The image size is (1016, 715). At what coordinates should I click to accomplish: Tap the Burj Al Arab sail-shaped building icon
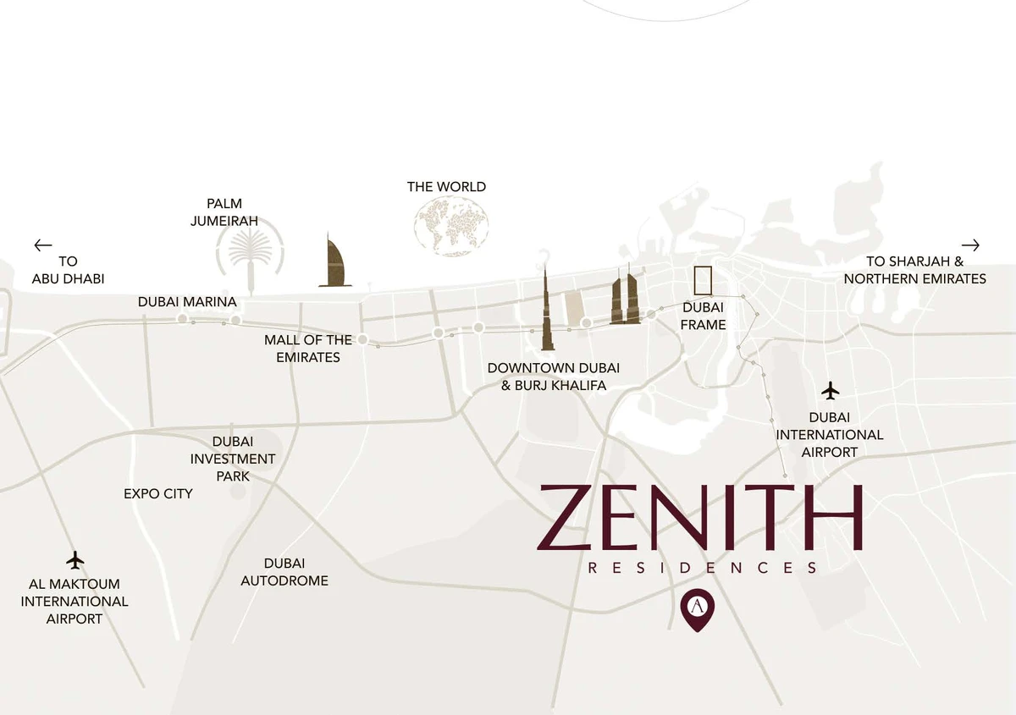tap(335, 261)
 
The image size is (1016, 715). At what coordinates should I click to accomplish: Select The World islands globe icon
tap(451, 225)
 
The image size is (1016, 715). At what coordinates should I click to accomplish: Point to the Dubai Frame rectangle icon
tap(703, 280)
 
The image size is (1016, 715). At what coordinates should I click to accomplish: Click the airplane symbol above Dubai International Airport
tap(831, 391)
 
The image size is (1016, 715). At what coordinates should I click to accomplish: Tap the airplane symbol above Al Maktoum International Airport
tap(75, 560)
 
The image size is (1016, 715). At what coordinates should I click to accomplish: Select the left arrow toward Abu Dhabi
tap(43, 245)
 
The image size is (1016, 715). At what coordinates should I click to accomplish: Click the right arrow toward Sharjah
tap(970, 245)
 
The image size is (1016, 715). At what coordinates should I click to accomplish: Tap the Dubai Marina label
tap(187, 302)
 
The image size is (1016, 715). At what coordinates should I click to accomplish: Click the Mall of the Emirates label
tap(308, 349)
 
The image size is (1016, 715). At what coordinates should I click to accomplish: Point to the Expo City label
tap(158, 493)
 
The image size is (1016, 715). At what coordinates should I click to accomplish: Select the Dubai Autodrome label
tap(284, 572)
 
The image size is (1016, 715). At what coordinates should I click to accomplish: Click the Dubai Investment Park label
tap(233, 459)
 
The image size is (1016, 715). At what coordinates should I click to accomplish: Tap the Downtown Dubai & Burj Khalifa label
tap(554, 377)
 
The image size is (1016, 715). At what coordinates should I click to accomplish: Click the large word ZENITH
tap(699, 517)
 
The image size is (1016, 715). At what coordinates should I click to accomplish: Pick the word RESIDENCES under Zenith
tap(703, 568)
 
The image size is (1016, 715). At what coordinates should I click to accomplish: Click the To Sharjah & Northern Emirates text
tap(914, 270)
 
